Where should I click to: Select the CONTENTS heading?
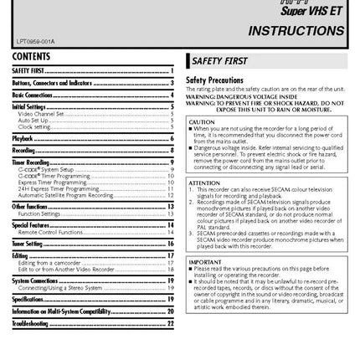tap(33, 56)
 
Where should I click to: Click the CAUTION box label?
tap(198, 121)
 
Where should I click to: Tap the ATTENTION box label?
tap(201, 181)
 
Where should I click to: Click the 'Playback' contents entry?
tap(24, 136)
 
